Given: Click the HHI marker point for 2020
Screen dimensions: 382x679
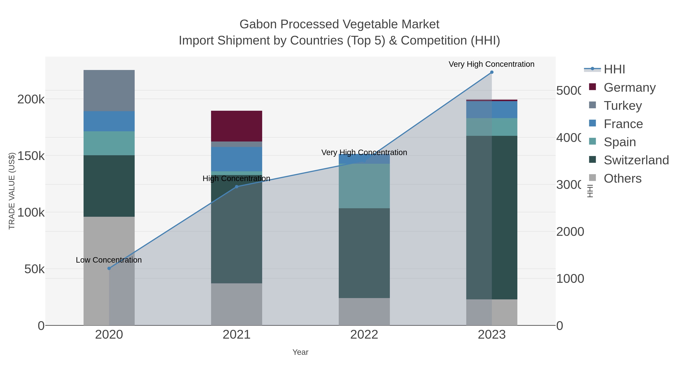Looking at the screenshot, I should pos(109,268).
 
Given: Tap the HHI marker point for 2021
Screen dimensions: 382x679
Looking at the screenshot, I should pos(237,187).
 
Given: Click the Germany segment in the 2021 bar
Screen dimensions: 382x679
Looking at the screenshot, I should pos(237,126).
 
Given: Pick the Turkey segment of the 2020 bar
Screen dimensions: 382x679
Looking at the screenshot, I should pos(109,90).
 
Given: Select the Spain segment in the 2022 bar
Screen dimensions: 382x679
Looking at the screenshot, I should pos(364,186).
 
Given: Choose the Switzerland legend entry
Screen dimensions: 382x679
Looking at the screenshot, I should pos(636,160).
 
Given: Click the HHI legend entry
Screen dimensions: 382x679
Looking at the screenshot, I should pos(614,69).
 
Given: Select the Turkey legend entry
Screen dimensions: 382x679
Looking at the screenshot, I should pos(623,105).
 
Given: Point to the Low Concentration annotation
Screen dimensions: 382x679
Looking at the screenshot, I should pos(109,260).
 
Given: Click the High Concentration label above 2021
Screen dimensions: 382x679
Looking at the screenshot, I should pos(237,178).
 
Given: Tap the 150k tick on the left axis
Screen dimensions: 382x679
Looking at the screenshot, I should pos(31,156).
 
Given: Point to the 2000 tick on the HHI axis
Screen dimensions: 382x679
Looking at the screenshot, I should pos(570,232).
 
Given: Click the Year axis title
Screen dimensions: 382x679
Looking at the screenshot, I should pos(300,352).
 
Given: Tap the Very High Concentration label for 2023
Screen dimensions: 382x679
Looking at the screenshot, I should pos(491,64).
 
